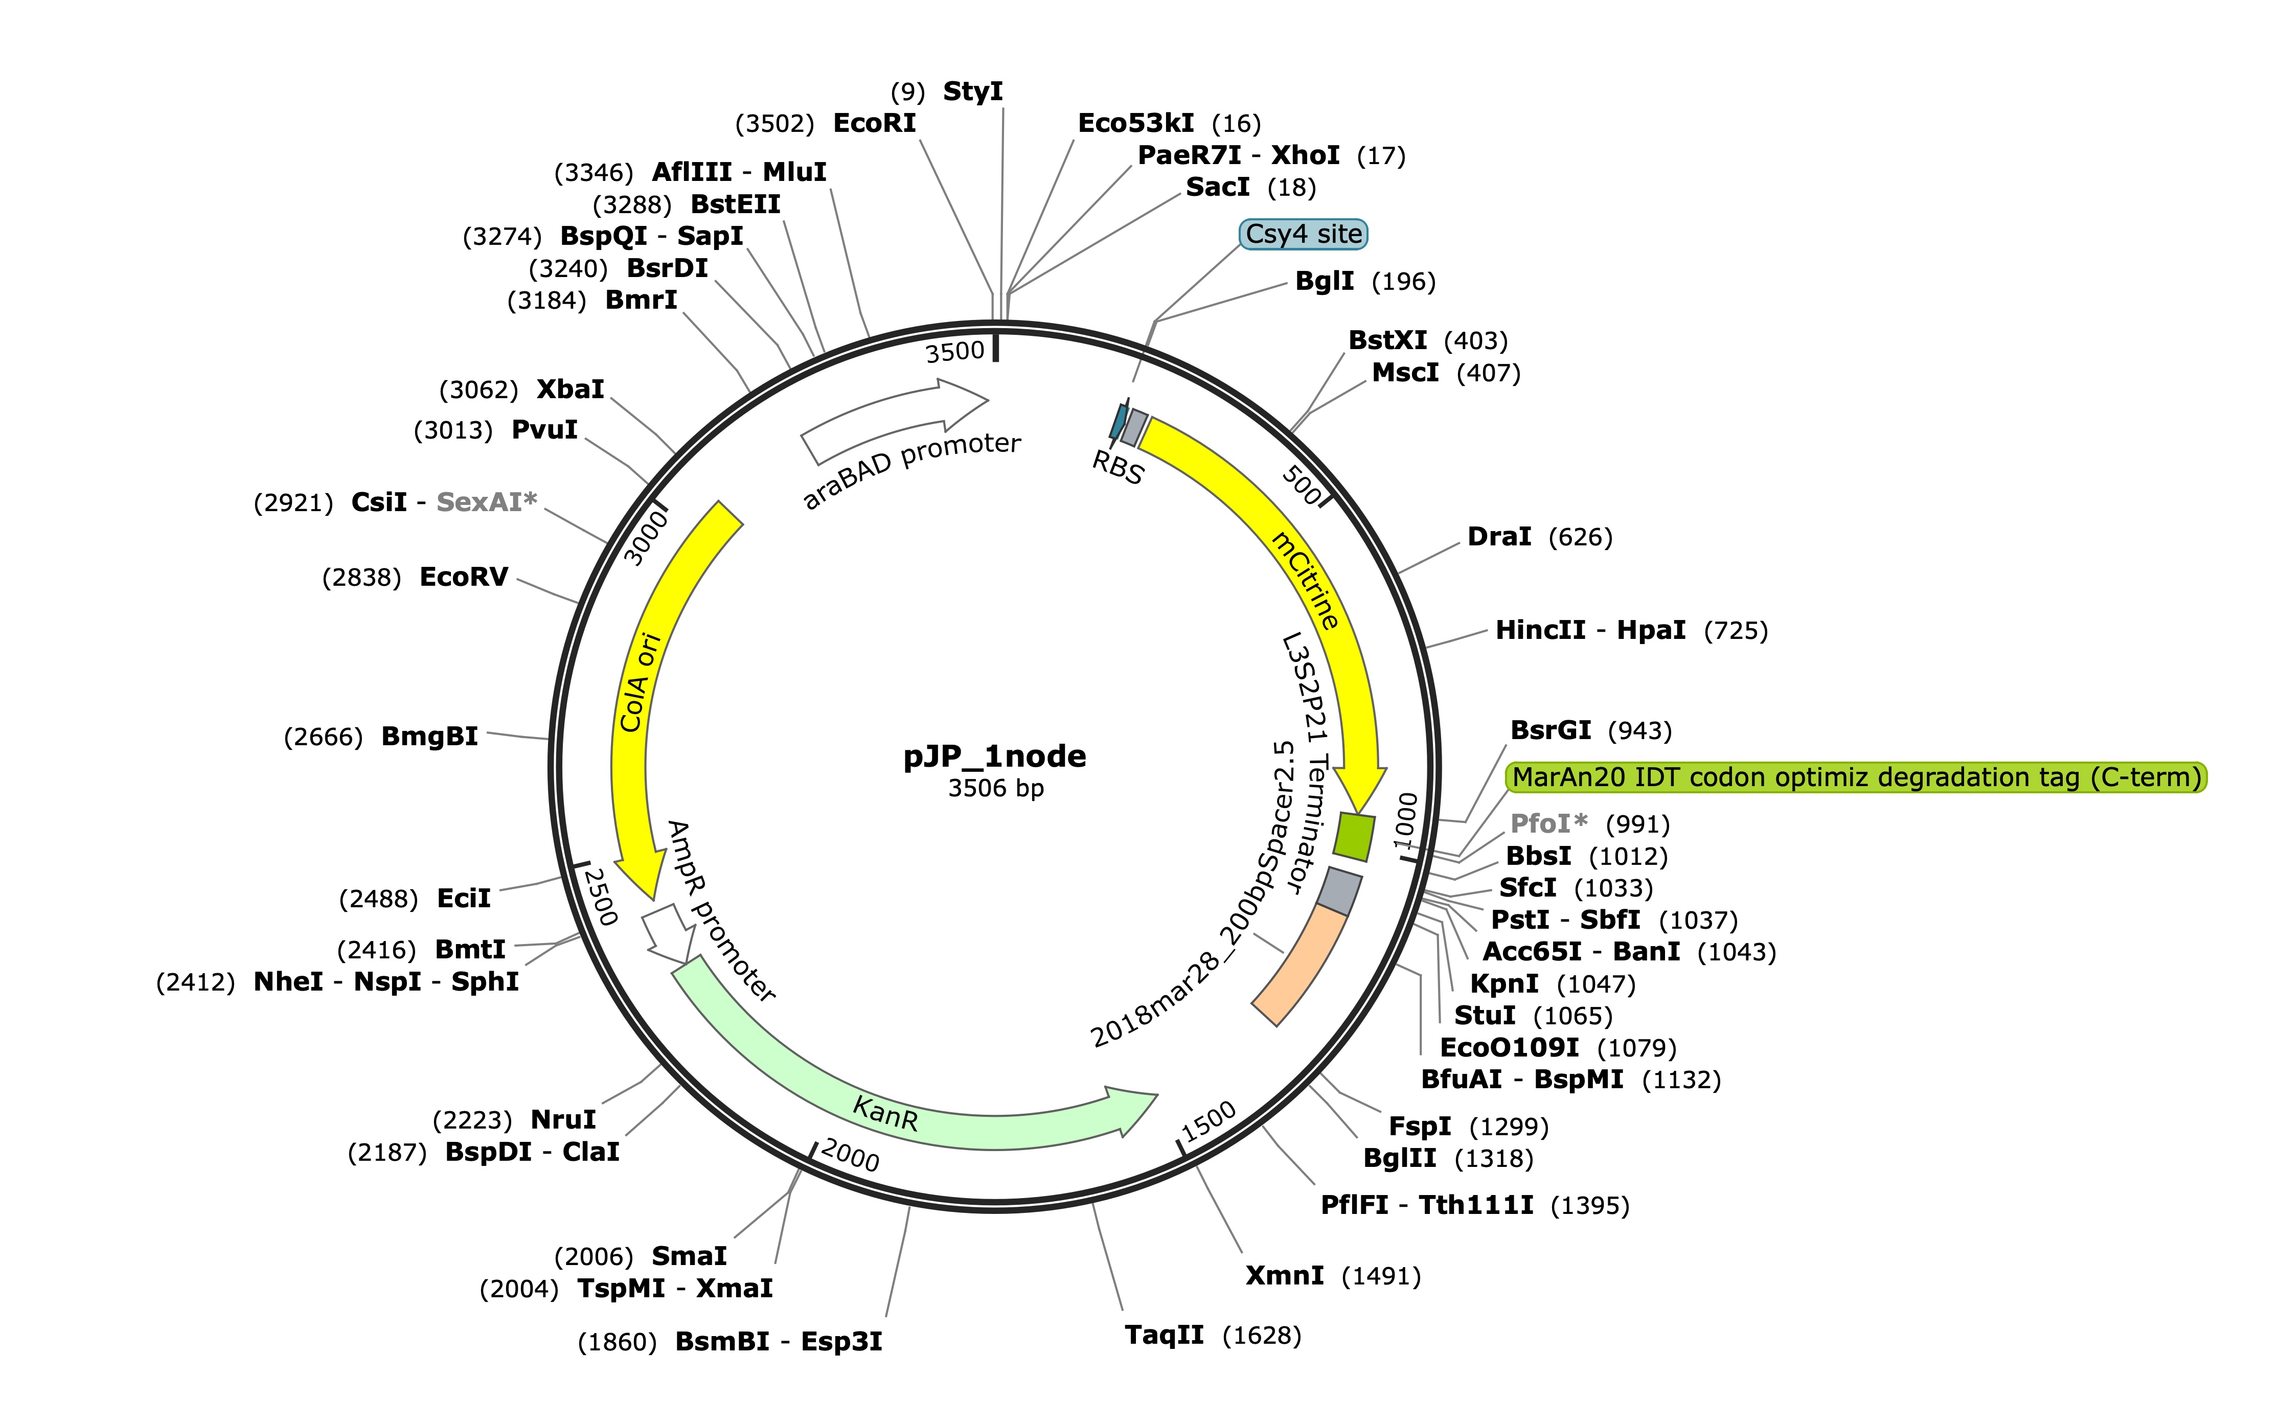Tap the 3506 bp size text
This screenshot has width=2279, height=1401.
(995, 789)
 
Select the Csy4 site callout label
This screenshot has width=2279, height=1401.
(1303, 235)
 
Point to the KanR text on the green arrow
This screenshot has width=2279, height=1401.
(885, 1114)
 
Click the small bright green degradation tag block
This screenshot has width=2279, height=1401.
(1354, 837)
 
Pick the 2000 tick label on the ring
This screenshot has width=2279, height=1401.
(850, 1156)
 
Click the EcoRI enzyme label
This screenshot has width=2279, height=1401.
(874, 123)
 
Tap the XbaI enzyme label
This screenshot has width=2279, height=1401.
(570, 389)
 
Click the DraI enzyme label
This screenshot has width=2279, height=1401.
(1499, 537)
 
